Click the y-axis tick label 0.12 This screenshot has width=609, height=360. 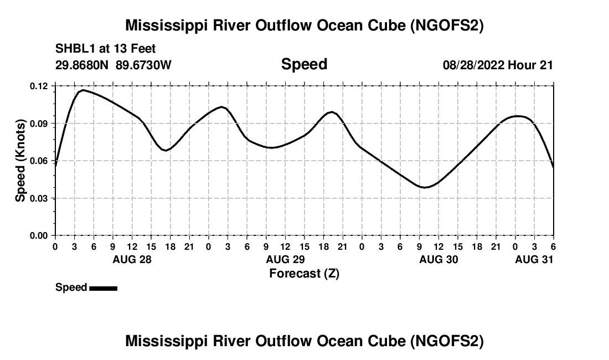(39, 86)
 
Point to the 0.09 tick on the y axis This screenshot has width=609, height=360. (39, 124)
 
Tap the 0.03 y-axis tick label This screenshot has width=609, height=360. (39, 198)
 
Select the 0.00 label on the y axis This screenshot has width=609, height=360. (39, 236)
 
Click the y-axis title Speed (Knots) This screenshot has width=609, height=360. (20, 161)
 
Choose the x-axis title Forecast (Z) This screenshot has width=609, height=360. (304, 273)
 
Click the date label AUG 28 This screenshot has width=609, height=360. (132, 259)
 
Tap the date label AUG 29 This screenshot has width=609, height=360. (285, 259)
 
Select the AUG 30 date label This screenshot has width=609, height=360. (438, 259)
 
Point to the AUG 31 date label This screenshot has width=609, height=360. (534, 259)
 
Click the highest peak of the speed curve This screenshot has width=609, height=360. (83, 90)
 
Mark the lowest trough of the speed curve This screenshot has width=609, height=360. (425, 187)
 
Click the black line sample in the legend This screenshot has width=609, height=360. (103, 288)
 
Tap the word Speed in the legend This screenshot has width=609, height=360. (71, 287)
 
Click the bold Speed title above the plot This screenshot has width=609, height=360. (304, 64)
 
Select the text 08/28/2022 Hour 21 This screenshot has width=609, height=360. (498, 65)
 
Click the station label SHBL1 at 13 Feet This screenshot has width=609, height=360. (106, 49)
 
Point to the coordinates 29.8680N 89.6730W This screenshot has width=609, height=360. (113, 65)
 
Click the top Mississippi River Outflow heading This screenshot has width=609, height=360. (304, 25)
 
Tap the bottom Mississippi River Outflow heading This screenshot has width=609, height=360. (304, 341)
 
